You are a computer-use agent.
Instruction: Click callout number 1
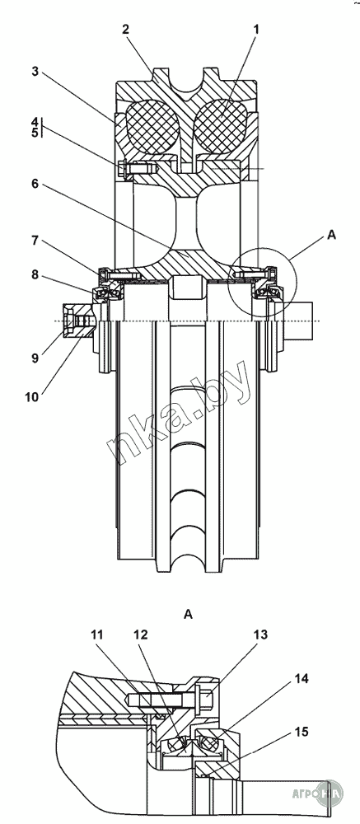pos(256,30)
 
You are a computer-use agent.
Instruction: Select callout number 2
pos(125,30)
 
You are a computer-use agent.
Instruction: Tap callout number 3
pos(35,72)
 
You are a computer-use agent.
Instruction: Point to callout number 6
pos(35,184)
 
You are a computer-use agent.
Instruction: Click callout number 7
pos(35,241)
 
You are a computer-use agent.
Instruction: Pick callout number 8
pos(35,274)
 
